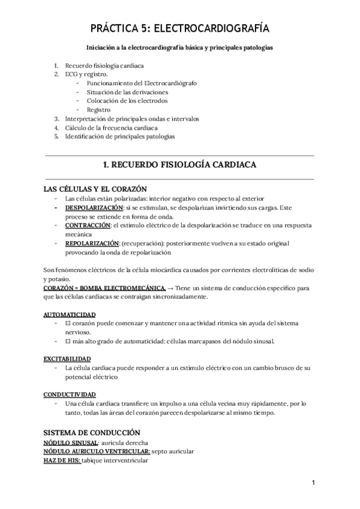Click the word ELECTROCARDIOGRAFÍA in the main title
click(214, 28)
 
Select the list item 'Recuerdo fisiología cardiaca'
click(104, 65)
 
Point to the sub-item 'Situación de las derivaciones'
click(127, 92)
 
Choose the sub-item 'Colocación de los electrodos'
click(127, 101)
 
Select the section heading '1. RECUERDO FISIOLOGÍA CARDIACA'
click(180, 164)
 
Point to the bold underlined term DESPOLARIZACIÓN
click(94, 208)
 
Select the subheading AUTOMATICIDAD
click(69, 315)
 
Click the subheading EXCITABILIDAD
click(67, 358)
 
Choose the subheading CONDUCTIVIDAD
click(69, 394)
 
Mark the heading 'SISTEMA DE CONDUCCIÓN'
click(92, 432)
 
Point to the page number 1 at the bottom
click(313, 483)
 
